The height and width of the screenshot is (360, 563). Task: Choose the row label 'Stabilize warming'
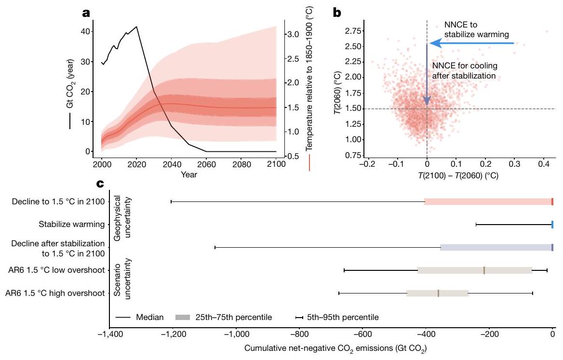[72, 224]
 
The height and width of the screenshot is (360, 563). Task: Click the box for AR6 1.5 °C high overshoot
[437, 293]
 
